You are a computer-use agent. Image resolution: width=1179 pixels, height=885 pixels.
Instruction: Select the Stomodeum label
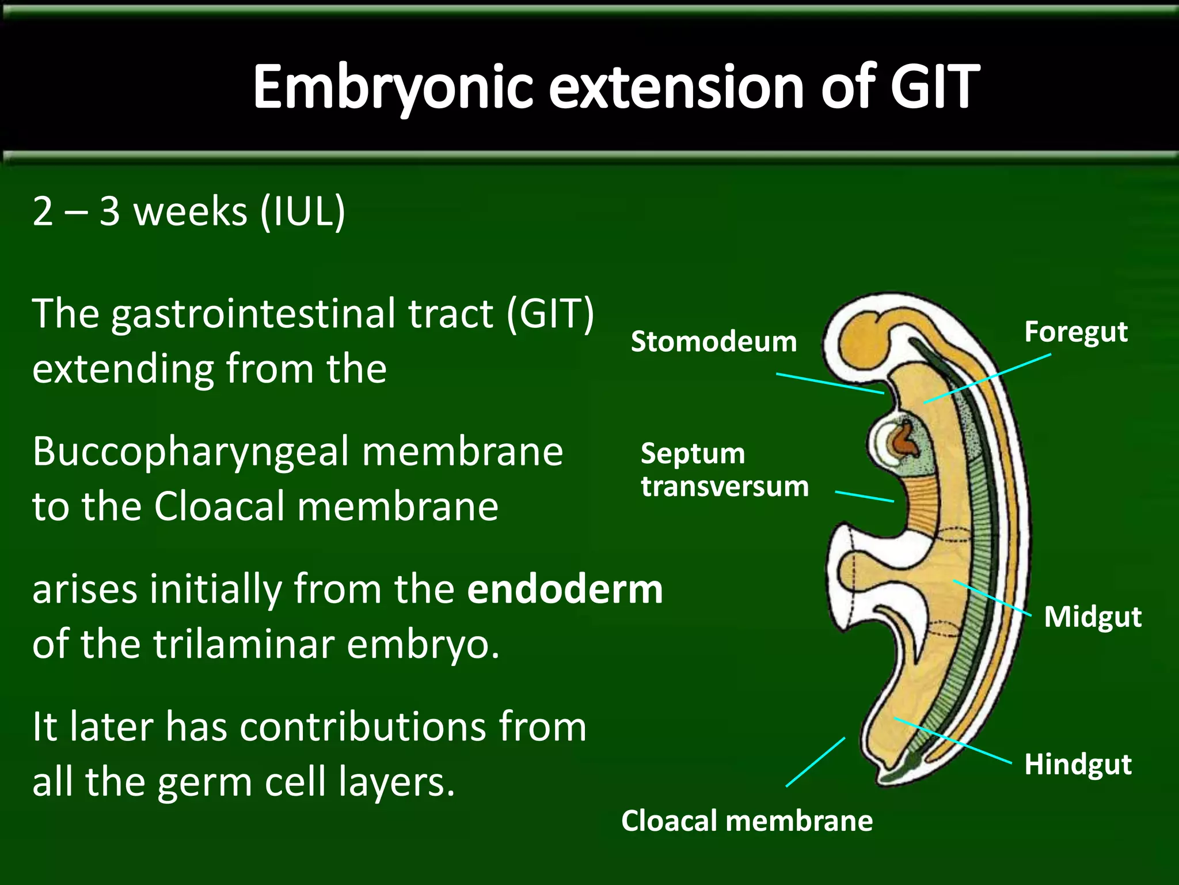pos(713,341)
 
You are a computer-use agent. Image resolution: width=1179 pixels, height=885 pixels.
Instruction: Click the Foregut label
pos(1075,332)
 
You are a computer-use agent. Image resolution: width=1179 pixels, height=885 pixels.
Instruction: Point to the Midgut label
pos(1092,617)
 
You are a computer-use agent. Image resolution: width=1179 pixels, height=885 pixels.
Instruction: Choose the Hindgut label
pos(1078,765)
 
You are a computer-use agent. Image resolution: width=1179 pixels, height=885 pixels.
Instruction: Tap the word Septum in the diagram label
pos(693,454)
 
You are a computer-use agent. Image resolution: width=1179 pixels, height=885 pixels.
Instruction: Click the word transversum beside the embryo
pos(725,486)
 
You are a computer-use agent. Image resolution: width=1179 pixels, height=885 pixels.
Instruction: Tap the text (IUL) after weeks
pos(302,211)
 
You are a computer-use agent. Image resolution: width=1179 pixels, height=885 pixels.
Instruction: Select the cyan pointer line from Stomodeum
pos(830,383)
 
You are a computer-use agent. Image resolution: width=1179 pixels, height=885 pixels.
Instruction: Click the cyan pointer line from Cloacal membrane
pos(815,762)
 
